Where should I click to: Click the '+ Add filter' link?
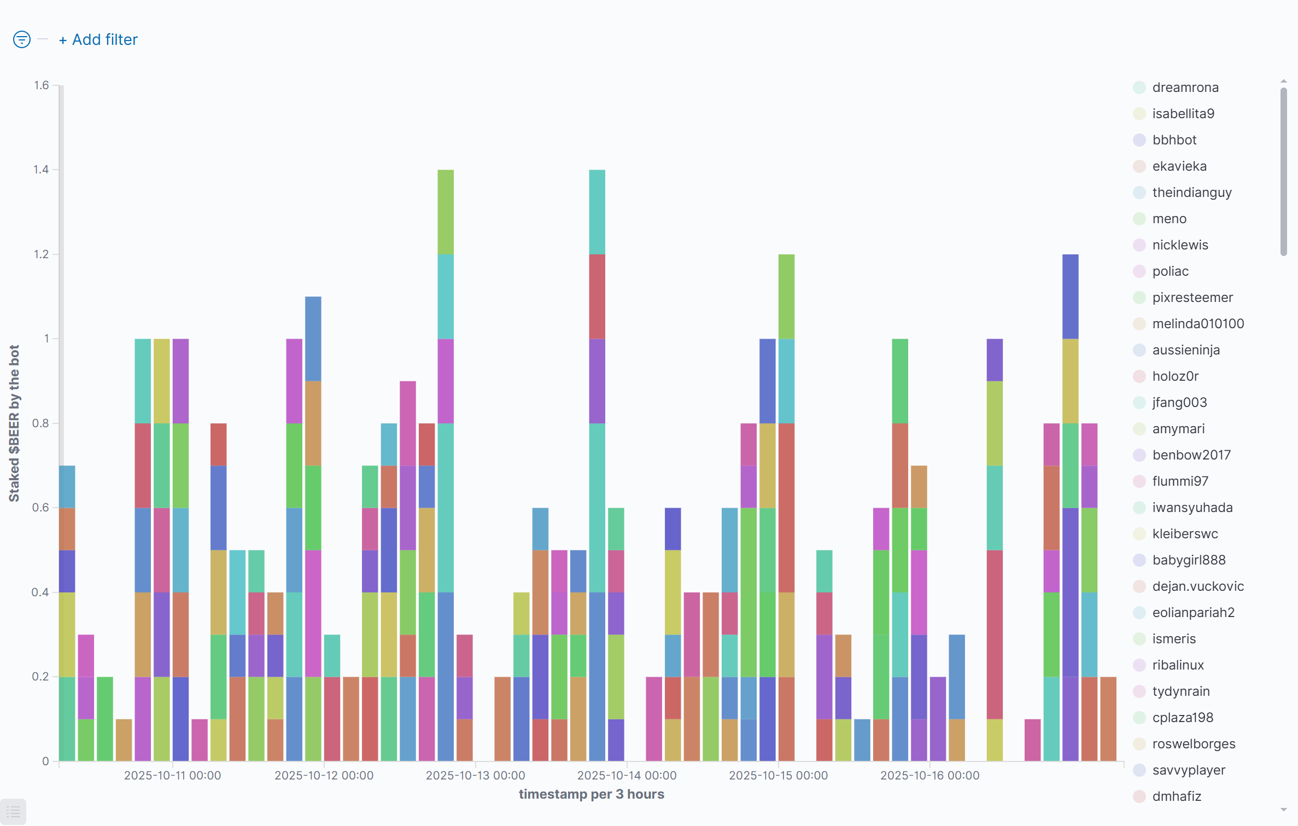tap(98, 40)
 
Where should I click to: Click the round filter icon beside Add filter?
tap(22, 39)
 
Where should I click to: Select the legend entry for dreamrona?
tap(1185, 88)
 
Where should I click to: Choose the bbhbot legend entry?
tap(1174, 140)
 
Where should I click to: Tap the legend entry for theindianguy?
tap(1191, 193)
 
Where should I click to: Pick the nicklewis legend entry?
tap(1180, 245)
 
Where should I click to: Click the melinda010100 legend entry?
tap(1197, 324)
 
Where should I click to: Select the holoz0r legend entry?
tap(1175, 376)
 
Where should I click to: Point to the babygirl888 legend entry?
tap(1189, 560)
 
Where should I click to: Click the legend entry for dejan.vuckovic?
tap(1197, 586)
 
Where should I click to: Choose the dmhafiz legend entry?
tap(1177, 796)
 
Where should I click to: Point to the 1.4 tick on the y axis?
tap(41, 170)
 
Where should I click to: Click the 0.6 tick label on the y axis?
tap(41, 508)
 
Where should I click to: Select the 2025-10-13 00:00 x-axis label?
tap(475, 776)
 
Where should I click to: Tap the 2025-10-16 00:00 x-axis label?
tap(929, 776)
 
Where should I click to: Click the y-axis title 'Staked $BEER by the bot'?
tap(14, 423)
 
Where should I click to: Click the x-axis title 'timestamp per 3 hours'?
tap(591, 794)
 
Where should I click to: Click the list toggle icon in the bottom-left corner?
tap(13, 812)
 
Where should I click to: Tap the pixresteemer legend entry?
tap(1192, 298)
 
